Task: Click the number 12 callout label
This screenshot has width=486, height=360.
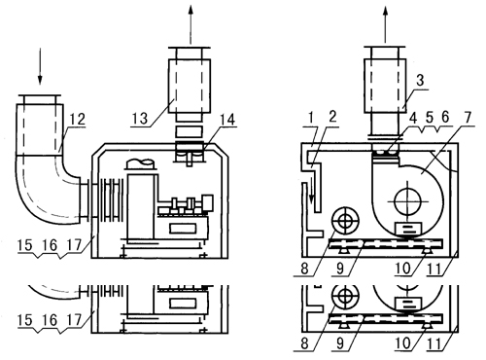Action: [x=78, y=120]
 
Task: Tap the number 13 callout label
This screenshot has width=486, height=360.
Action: [x=140, y=118]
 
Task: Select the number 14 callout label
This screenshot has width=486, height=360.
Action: [x=227, y=120]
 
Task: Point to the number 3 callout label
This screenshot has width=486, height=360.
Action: [x=420, y=80]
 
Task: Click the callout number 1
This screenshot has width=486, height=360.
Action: [x=311, y=119]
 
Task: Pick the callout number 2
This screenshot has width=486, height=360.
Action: [x=332, y=117]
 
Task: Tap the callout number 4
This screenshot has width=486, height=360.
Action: [x=413, y=119]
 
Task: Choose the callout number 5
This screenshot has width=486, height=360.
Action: [x=430, y=118]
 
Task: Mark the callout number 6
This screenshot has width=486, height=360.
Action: [x=446, y=117]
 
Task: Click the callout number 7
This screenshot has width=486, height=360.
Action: [x=468, y=117]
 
